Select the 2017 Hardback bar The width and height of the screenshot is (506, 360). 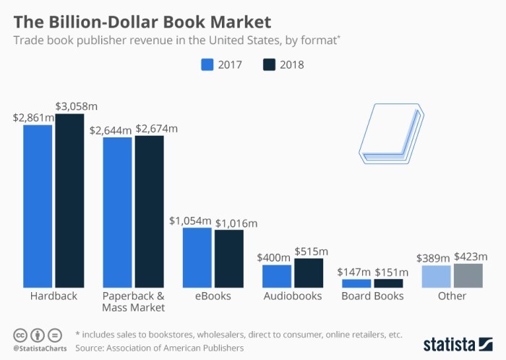(38, 206)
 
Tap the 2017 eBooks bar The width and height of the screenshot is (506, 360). (197, 257)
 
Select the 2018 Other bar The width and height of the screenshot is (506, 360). (468, 275)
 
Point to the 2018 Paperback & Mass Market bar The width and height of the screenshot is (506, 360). (149, 211)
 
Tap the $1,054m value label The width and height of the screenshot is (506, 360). (190, 220)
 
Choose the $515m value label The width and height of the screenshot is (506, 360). (312, 251)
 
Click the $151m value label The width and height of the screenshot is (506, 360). (391, 273)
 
